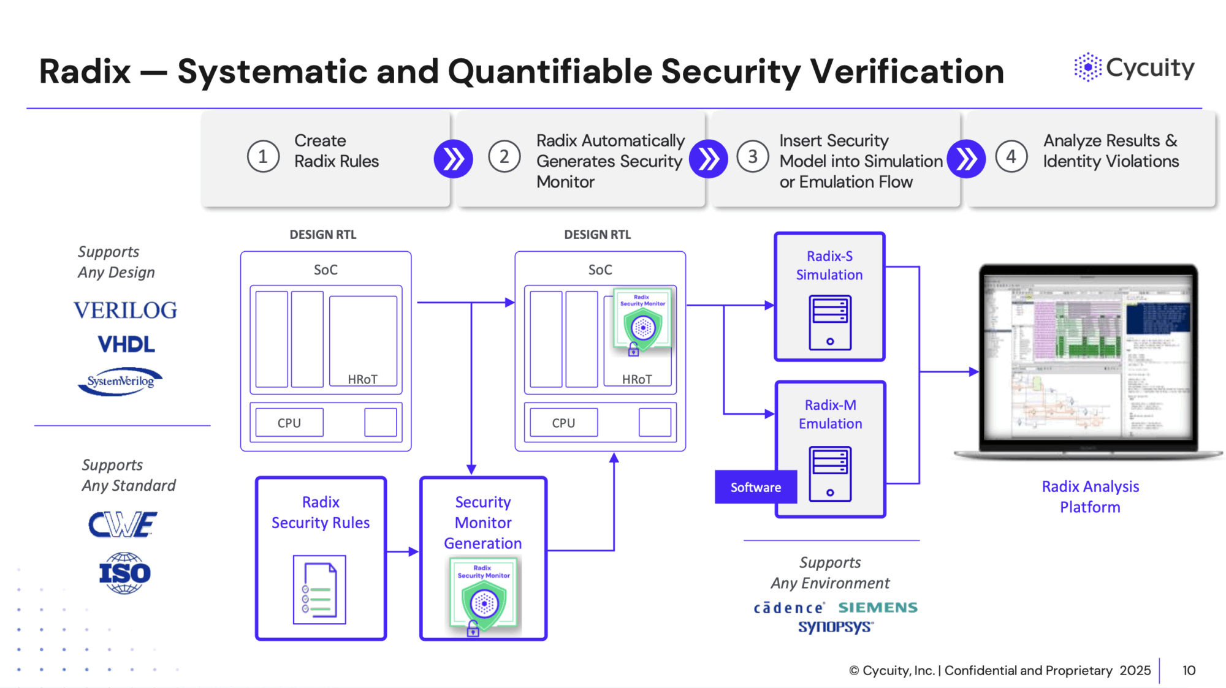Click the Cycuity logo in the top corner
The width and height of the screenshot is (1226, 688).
click(x=1134, y=67)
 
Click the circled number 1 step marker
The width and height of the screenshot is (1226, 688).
click(x=263, y=157)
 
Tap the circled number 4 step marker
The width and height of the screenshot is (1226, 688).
click(x=1011, y=157)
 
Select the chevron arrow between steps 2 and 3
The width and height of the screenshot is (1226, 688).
click(x=709, y=159)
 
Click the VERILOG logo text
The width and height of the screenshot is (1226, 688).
click(x=126, y=311)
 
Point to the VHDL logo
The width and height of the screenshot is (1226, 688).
click(x=126, y=344)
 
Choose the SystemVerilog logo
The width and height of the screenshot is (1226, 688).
click(x=121, y=381)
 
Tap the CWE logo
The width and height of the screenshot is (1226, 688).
click(x=123, y=525)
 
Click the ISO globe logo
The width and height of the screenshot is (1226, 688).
click(x=124, y=573)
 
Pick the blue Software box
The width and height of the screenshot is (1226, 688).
click(x=755, y=487)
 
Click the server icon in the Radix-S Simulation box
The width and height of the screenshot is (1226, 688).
click(x=830, y=322)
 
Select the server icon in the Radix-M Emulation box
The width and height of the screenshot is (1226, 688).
click(x=830, y=474)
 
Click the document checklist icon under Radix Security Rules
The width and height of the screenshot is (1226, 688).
click(x=319, y=590)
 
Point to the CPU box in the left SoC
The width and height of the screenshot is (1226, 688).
click(x=289, y=423)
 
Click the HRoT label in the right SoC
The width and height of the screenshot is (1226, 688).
click(x=637, y=380)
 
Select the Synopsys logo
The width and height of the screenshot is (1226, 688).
click(x=836, y=627)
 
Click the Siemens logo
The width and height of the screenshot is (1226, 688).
click(x=878, y=608)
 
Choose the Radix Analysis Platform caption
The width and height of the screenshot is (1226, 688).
click(x=1090, y=497)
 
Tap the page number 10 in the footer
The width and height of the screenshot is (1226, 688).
click(x=1189, y=670)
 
